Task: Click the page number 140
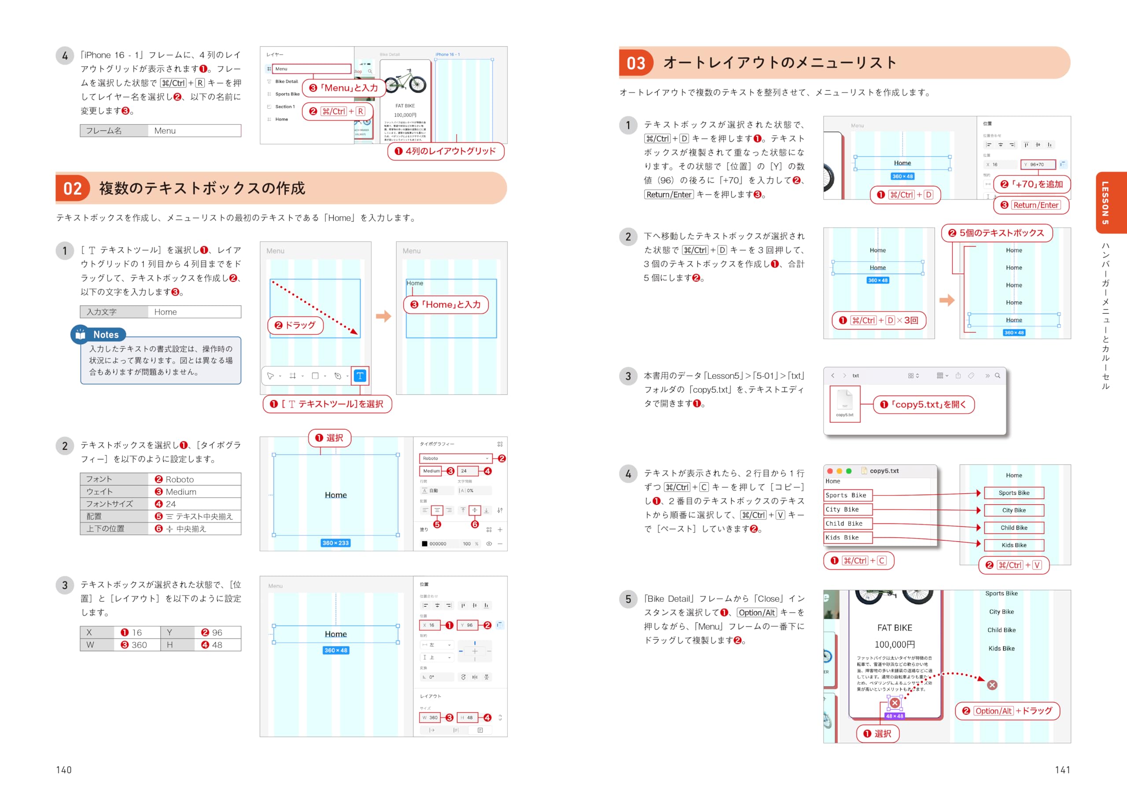(64, 770)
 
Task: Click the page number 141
(1062, 770)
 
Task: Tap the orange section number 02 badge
(73, 188)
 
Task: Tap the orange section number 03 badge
(636, 63)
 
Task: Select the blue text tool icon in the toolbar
(360, 376)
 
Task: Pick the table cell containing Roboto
(194, 479)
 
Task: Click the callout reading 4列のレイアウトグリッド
(446, 151)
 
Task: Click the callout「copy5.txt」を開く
(924, 404)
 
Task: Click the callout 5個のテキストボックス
(996, 233)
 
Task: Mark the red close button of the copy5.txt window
(829, 471)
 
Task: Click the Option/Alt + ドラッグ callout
(1007, 711)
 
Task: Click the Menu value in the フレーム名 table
(194, 131)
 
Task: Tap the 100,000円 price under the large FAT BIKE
(894, 644)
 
